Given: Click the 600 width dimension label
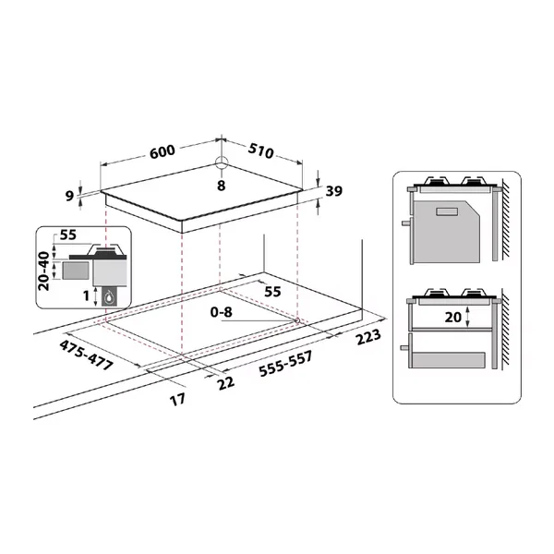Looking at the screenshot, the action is (163, 151).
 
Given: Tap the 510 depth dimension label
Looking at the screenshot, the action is (260, 151).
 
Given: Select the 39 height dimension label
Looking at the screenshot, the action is (334, 191).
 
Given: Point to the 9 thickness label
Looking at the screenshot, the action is (70, 196).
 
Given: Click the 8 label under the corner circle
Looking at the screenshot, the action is (222, 186).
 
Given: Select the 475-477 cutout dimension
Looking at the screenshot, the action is (86, 355).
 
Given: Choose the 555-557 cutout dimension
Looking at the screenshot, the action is (286, 364).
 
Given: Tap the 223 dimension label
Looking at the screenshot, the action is (368, 337).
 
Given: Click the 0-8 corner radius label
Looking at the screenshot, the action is (222, 312).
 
